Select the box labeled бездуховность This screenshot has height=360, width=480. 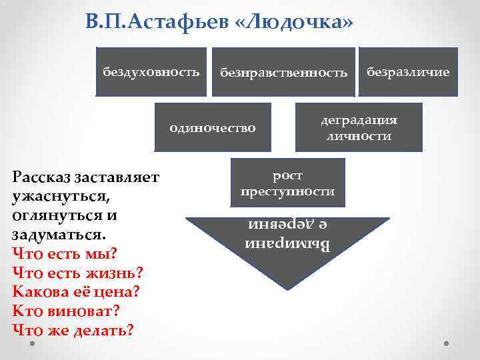point(151,72)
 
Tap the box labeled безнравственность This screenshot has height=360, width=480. point(284,72)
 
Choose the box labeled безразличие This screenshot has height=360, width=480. point(409,72)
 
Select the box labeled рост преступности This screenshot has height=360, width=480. point(287,183)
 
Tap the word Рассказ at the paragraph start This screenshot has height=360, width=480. point(44,178)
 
